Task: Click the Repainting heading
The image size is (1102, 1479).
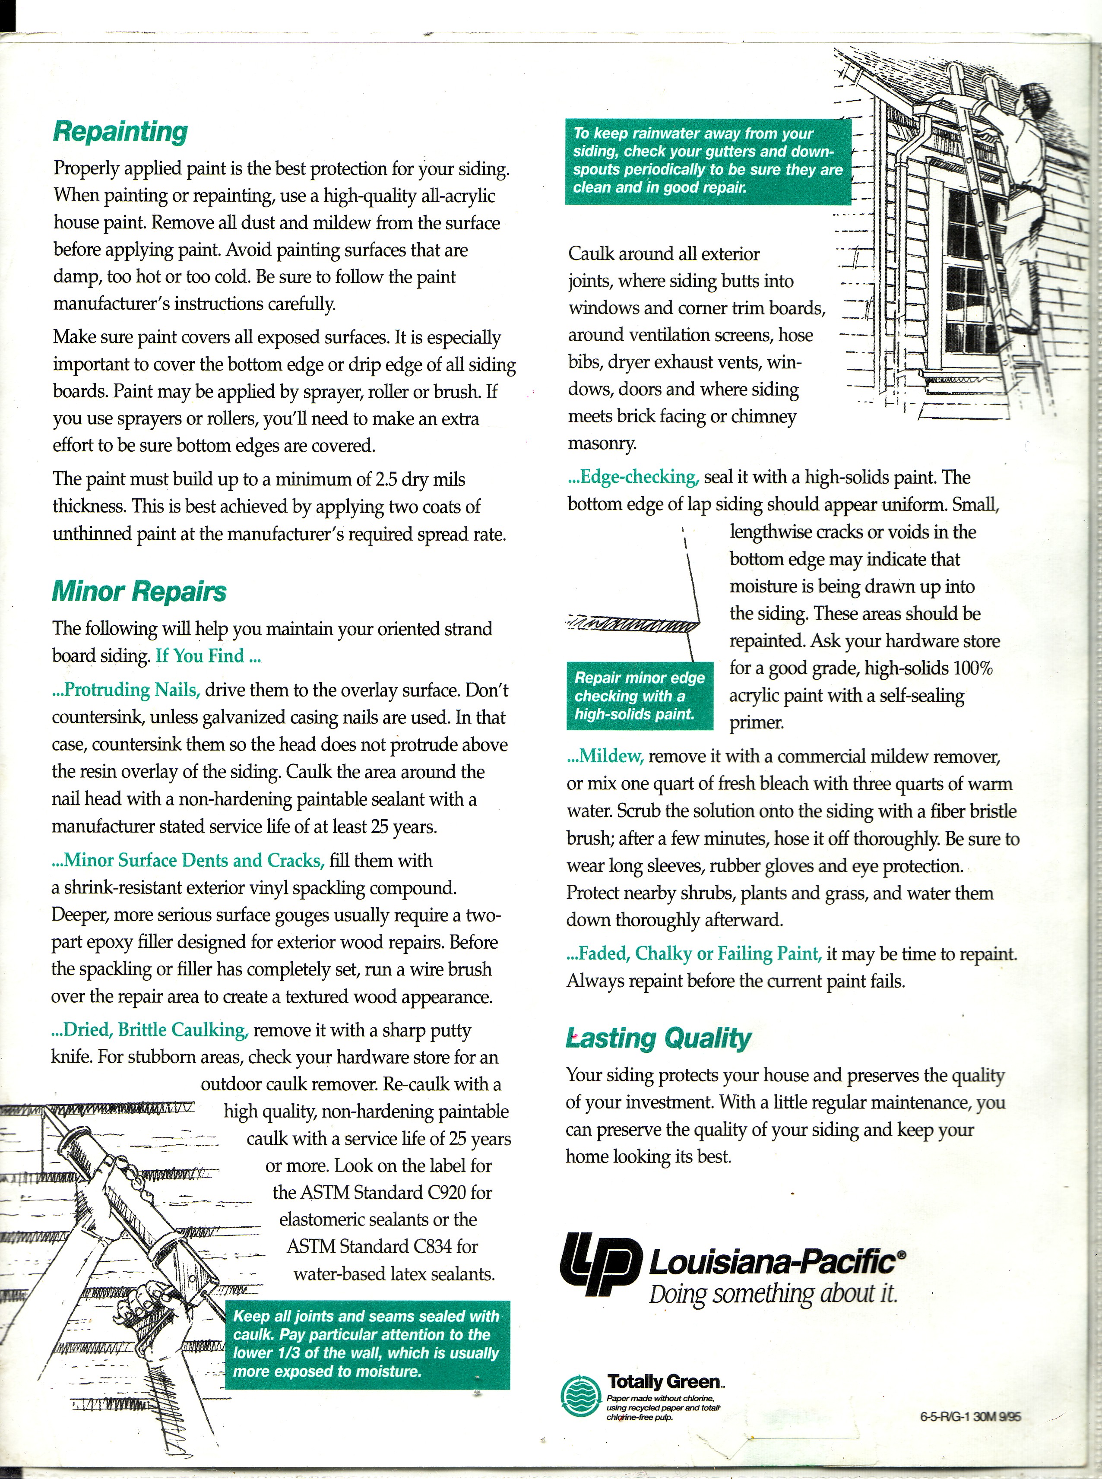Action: point(120,131)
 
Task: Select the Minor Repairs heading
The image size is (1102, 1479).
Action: point(139,592)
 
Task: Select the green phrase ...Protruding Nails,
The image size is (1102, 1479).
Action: point(126,690)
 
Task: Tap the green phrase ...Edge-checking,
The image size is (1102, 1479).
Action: point(633,477)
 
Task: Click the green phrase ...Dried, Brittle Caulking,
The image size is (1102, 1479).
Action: point(150,1030)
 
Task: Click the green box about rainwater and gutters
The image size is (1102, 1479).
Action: point(708,161)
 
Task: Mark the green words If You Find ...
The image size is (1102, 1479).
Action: point(207,656)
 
